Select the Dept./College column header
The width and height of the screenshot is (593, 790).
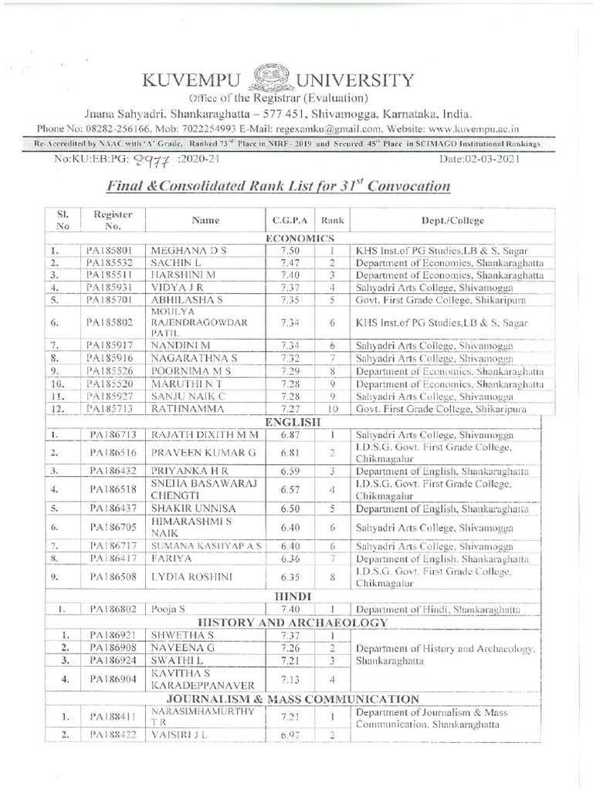[x=452, y=221]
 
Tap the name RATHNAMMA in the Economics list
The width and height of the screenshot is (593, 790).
[x=182, y=408]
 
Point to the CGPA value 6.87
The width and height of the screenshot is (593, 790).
[x=290, y=434]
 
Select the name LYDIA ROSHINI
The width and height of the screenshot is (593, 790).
[x=188, y=575]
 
